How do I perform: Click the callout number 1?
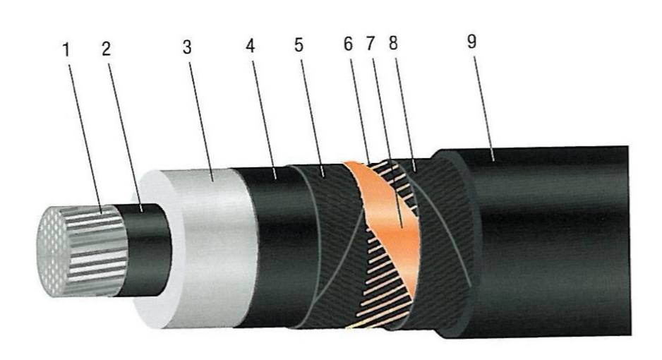66,50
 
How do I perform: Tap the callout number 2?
107,49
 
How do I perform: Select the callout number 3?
187,47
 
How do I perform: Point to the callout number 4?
251,46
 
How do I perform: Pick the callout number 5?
299,44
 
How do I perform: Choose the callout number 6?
349,44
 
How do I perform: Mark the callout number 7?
371,44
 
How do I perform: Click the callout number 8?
393,43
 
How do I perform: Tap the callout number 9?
472,42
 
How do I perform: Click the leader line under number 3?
201,122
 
